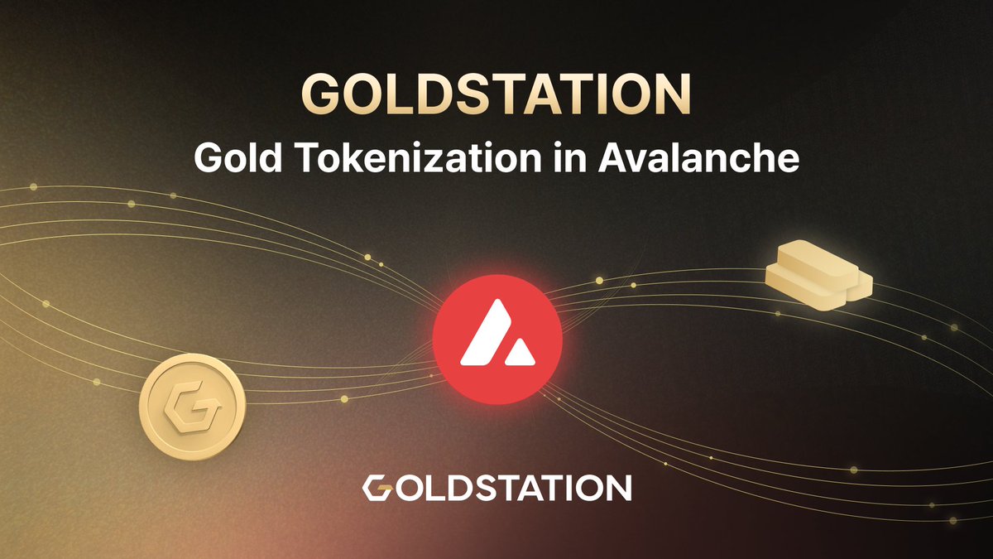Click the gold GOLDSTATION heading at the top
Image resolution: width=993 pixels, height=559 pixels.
coord(496,95)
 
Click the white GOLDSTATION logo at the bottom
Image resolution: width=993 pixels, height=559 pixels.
coord(496,488)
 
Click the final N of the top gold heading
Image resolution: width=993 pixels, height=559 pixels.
coord(669,95)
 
